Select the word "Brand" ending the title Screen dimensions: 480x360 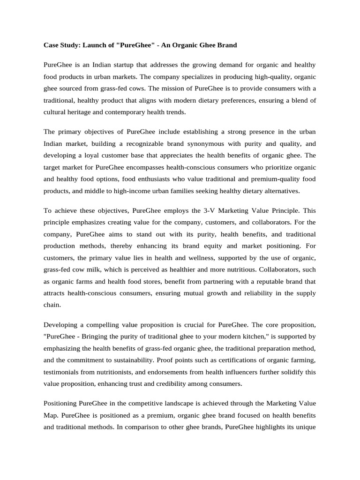[x=225, y=45]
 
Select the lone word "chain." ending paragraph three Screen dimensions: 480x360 [x=52, y=305]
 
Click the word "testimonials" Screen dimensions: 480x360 [x=63, y=372]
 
